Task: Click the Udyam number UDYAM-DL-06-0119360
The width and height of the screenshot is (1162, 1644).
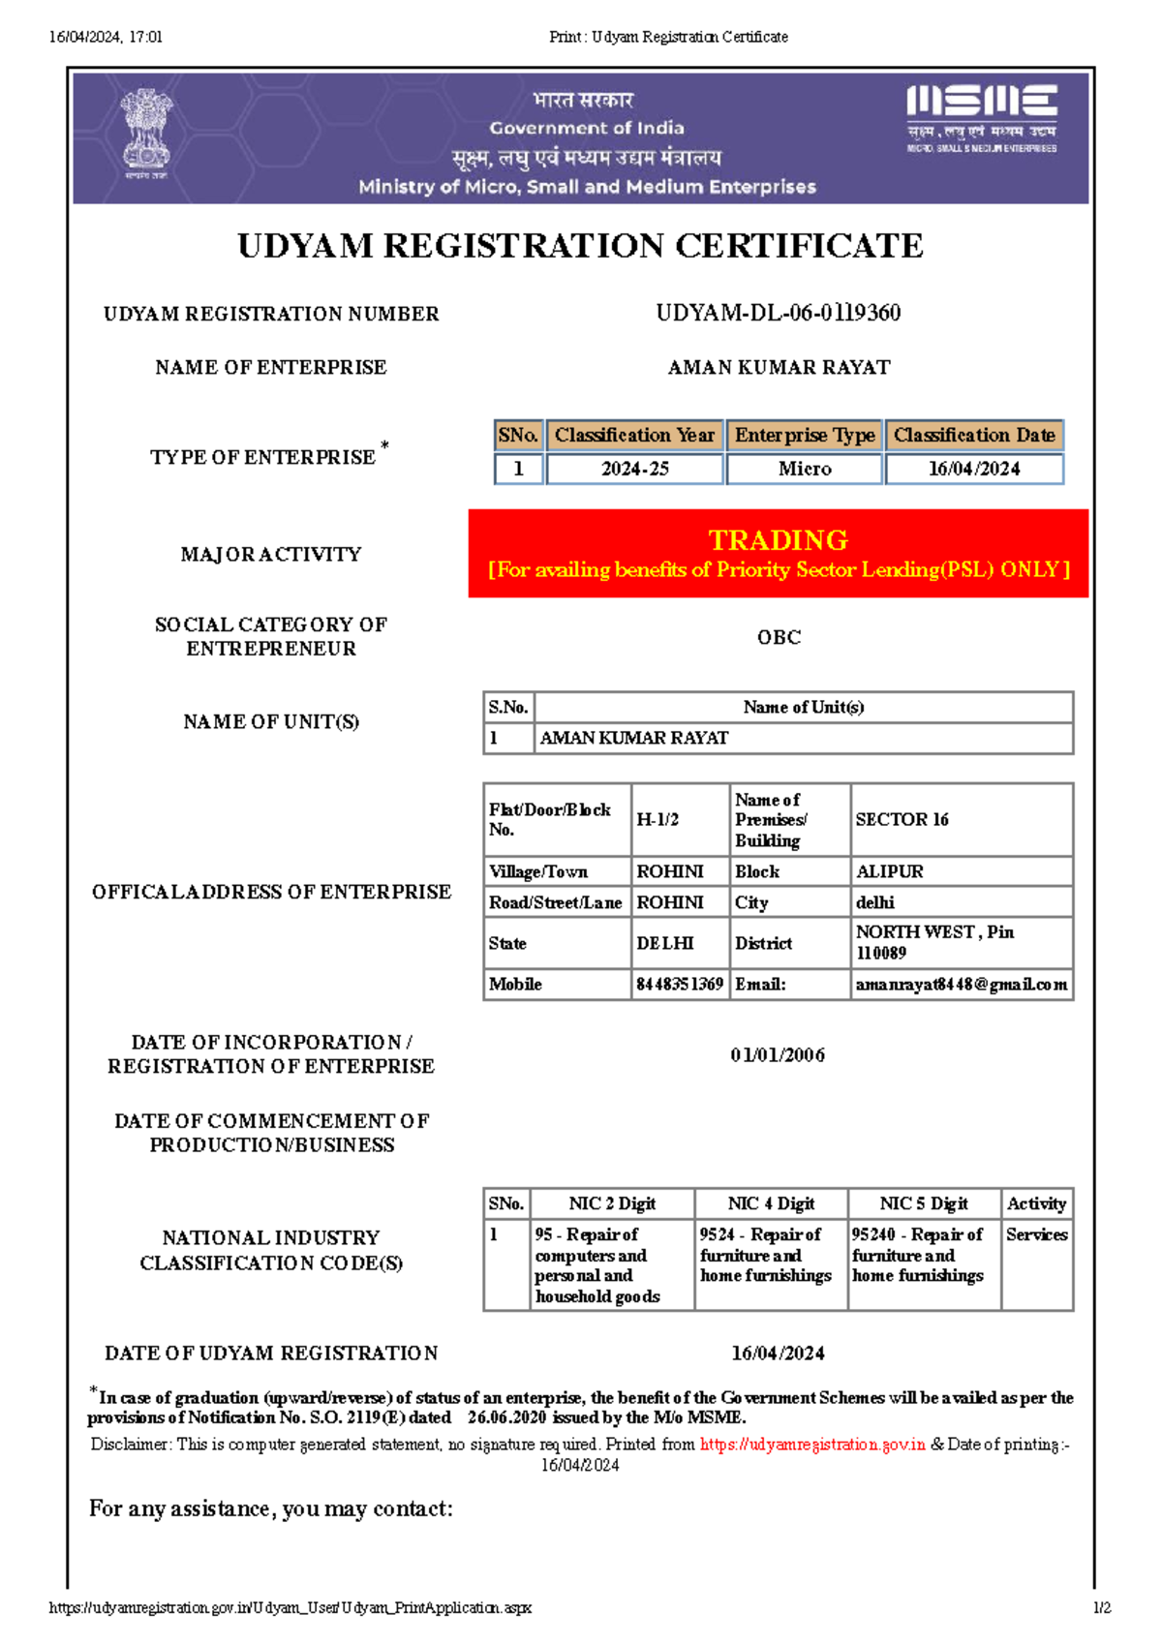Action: (778, 313)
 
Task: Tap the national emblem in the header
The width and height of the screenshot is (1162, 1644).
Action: (146, 134)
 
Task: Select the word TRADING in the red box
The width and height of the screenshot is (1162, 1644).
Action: (778, 539)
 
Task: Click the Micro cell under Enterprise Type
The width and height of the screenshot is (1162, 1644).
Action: (805, 469)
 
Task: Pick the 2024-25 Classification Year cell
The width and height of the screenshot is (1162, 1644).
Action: (634, 469)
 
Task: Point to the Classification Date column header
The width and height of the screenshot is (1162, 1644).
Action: (974, 436)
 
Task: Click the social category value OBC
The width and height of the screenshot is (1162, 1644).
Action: (779, 637)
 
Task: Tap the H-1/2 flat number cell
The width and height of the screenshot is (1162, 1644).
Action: (658, 819)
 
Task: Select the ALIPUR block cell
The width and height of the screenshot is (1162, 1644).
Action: (889, 871)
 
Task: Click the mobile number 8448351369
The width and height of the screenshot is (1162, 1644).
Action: (680, 984)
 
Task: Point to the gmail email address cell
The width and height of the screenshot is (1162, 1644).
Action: (961, 984)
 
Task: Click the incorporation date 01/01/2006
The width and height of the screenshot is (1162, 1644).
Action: (778, 1054)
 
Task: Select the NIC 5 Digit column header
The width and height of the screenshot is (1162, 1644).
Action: (924, 1203)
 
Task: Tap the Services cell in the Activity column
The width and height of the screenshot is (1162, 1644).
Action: (1036, 1234)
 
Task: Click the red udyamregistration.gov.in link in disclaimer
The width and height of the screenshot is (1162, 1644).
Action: (812, 1445)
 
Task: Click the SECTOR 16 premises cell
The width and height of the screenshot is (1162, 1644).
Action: (902, 819)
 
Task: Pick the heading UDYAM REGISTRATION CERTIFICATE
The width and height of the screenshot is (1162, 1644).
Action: (580, 246)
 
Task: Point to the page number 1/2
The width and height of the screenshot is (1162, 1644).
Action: (1102, 1608)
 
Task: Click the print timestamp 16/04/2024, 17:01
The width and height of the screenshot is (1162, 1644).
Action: (106, 37)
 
